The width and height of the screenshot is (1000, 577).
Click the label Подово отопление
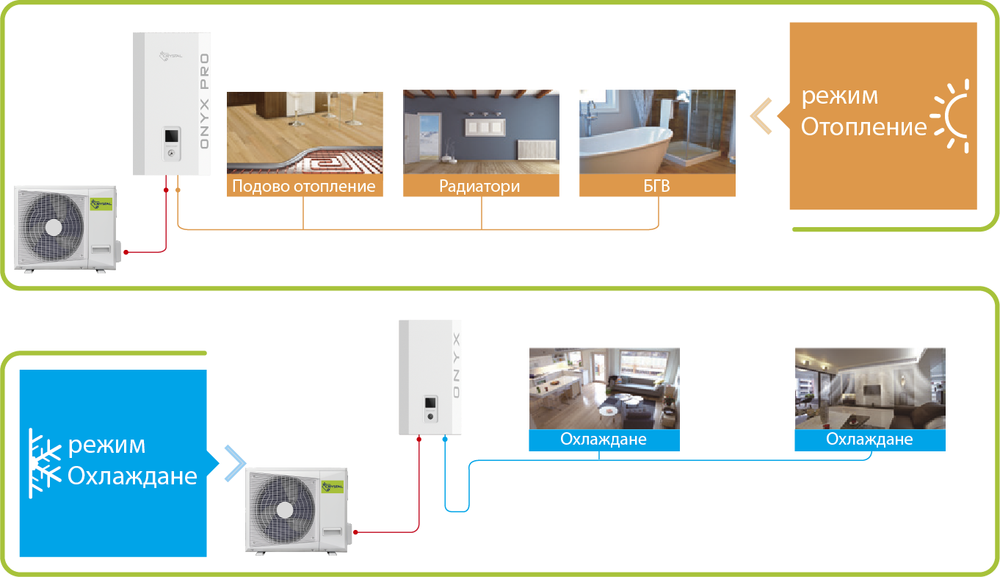[304, 186]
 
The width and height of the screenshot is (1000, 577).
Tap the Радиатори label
[480, 186]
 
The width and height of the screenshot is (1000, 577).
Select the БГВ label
[656, 186]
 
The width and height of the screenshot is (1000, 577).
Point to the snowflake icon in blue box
[44, 464]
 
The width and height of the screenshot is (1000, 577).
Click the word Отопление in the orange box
[863, 128]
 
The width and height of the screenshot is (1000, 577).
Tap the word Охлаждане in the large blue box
[132, 476]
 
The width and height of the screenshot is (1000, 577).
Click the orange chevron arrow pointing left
[761, 116]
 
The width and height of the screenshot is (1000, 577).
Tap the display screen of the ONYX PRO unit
[171, 135]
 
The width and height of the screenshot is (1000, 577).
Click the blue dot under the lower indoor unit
[445, 439]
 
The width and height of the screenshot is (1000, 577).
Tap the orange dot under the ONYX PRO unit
[178, 190]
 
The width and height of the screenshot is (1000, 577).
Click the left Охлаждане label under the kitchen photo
[604, 440]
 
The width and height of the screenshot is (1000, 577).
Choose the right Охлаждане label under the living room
[869, 440]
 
